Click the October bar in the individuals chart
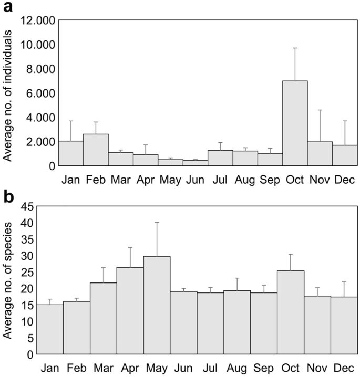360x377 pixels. point(295,123)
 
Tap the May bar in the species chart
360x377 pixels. point(157,305)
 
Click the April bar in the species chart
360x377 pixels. point(130,310)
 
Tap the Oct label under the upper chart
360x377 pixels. point(295,179)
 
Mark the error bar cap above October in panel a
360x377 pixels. point(295,48)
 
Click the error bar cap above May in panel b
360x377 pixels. point(157,223)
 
